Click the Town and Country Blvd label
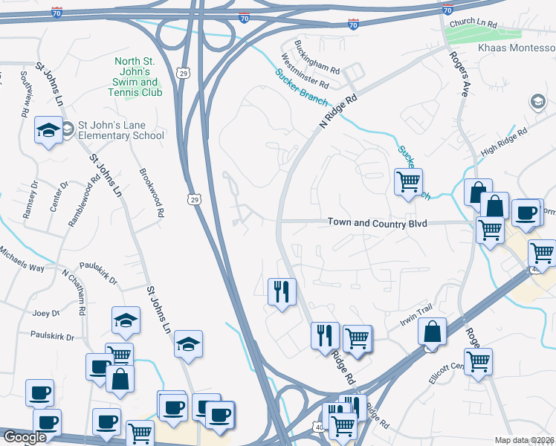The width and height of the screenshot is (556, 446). click(x=378, y=223)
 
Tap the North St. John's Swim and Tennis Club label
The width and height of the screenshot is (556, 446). click(x=138, y=77)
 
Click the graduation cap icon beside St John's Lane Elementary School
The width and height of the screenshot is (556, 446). click(x=49, y=131)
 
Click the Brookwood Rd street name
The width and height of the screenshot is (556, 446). click(x=151, y=192)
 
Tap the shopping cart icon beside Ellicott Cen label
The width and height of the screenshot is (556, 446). click(x=478, y=361)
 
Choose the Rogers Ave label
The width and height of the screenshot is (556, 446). click(x=458, y=74)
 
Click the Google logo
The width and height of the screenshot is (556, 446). click(x=24, y=437)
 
